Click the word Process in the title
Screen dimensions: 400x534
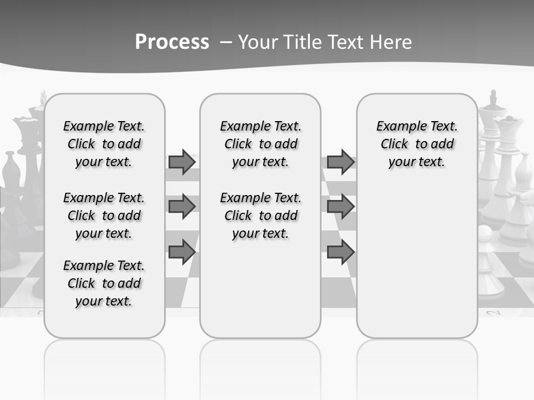pyautogui.click(x=172, y=42)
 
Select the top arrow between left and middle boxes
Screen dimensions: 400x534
pyautogui.click(x=182, y=162)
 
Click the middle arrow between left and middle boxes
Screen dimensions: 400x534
pyautogui.click(x=182, y=207)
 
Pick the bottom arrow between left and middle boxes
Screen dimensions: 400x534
pyautogui.click(x=182, y=252)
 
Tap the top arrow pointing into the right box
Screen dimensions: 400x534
pyautogui.click(x=340, y=162)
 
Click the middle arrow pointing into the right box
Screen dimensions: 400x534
pyautogui.click(x=340, y=207)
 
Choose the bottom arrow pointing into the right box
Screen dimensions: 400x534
pyautogui.click(x=340, y=252)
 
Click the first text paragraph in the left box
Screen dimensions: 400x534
pyautogui.click(x=104, y=144)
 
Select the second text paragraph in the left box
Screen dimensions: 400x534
pyautogui.click(x=104, y=216)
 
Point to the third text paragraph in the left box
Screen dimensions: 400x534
pyautogui.click(x=104, y=283)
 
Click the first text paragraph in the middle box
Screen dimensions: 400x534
pyautogui.click(x=260, y=144)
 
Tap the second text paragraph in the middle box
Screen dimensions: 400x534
pyautogui.click(x=260, y=216)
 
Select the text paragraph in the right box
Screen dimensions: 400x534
pyautogui.click(x=417, y=144)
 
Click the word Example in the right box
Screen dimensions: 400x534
pyautogui.click(x=397, y=126)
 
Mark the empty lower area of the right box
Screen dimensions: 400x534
pyautogui.click(x=417, y=256)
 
